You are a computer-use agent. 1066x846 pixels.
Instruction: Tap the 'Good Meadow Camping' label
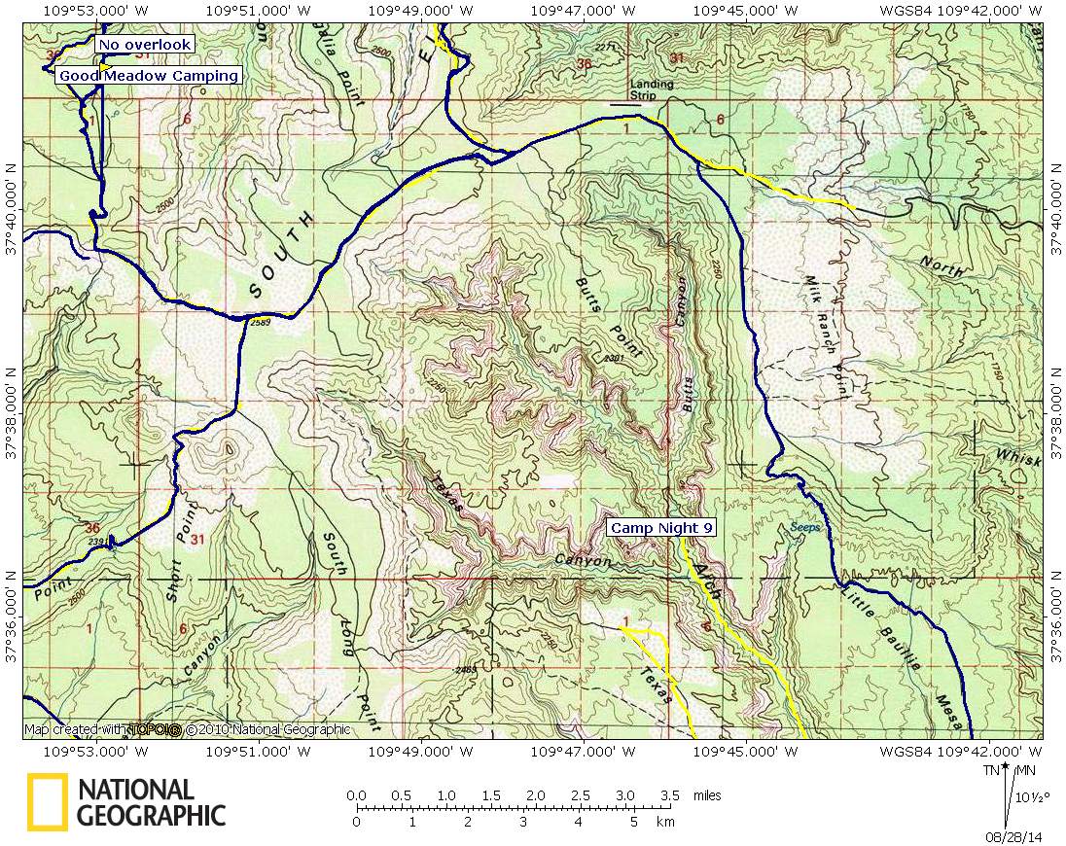[x=148, y=76]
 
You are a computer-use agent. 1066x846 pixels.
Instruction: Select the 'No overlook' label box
[x=144, y=45]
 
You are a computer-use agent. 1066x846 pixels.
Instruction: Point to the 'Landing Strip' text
[x=651, y=89]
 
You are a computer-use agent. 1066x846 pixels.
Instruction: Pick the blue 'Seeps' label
[x=806, y=527]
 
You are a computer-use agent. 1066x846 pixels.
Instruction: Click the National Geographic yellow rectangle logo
[x=47, y=801]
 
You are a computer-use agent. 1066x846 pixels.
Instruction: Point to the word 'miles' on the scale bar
[x=707, y=795]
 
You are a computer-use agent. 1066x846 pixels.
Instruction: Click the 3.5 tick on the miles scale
[x=670, y=795]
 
